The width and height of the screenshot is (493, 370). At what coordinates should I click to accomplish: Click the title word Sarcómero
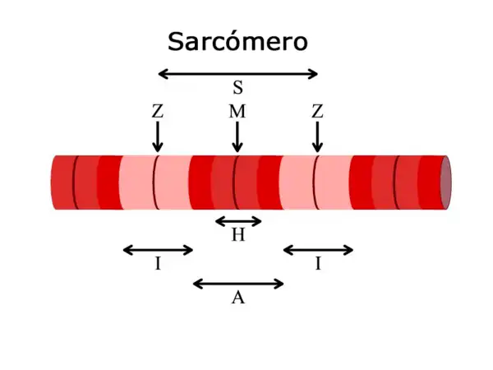237,41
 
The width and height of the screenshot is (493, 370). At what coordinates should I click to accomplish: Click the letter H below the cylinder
238,236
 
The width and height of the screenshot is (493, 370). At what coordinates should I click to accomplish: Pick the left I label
158,264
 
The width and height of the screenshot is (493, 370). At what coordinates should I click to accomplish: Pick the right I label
318,264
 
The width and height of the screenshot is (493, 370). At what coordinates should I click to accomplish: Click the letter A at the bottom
238,298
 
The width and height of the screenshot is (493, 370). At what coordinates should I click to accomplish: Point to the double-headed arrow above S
237,74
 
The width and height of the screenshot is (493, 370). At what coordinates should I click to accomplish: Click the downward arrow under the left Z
158,136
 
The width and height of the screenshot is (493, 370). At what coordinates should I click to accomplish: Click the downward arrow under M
237,136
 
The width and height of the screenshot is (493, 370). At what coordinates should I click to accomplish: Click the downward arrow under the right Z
317,136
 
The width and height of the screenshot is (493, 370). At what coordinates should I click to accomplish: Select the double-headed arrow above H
238,220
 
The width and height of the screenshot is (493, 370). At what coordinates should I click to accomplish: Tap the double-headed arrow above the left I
158,250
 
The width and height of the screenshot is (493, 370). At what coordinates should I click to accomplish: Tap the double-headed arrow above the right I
318,250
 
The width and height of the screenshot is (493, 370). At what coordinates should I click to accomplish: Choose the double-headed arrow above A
238,284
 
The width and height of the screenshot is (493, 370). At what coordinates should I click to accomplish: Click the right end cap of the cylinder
445,182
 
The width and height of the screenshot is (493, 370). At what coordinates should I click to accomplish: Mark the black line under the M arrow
236,182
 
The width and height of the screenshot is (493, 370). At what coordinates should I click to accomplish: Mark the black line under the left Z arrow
155,182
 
